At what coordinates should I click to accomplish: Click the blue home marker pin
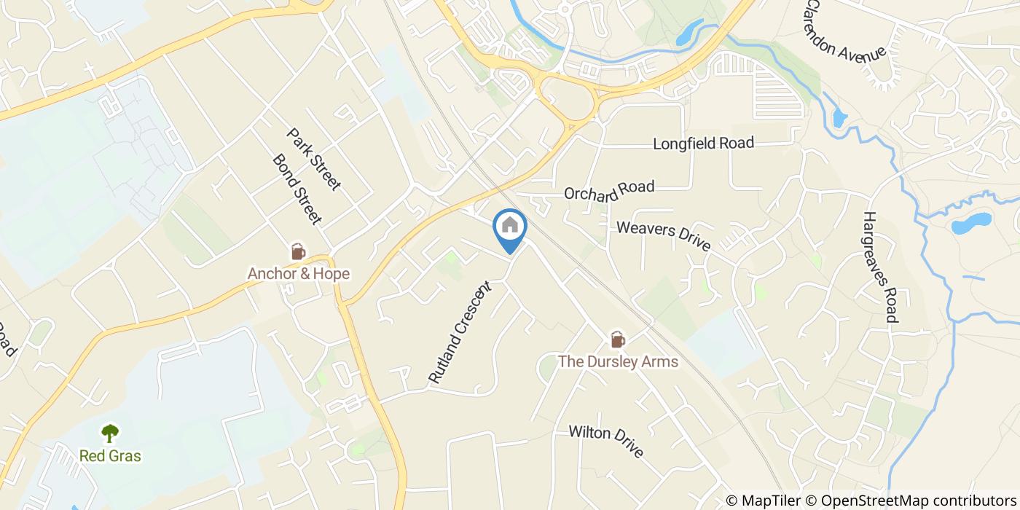click(510, 227)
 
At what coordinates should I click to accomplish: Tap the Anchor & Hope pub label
click(298, 274)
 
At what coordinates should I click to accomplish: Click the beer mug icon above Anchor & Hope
click(297, 252)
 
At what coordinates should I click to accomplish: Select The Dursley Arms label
click(618, 361)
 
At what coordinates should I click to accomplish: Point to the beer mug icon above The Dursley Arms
click(618, 340)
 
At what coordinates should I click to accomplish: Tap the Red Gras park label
click(110, 456)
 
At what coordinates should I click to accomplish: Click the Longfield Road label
click(703, 144)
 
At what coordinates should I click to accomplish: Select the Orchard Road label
click(609, 191)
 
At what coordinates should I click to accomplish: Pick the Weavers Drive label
click(663, 237)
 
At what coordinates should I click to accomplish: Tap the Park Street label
click(314, 160)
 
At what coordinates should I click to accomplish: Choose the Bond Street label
click(297, 189)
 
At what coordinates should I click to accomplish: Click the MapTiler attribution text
click(770, 500)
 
